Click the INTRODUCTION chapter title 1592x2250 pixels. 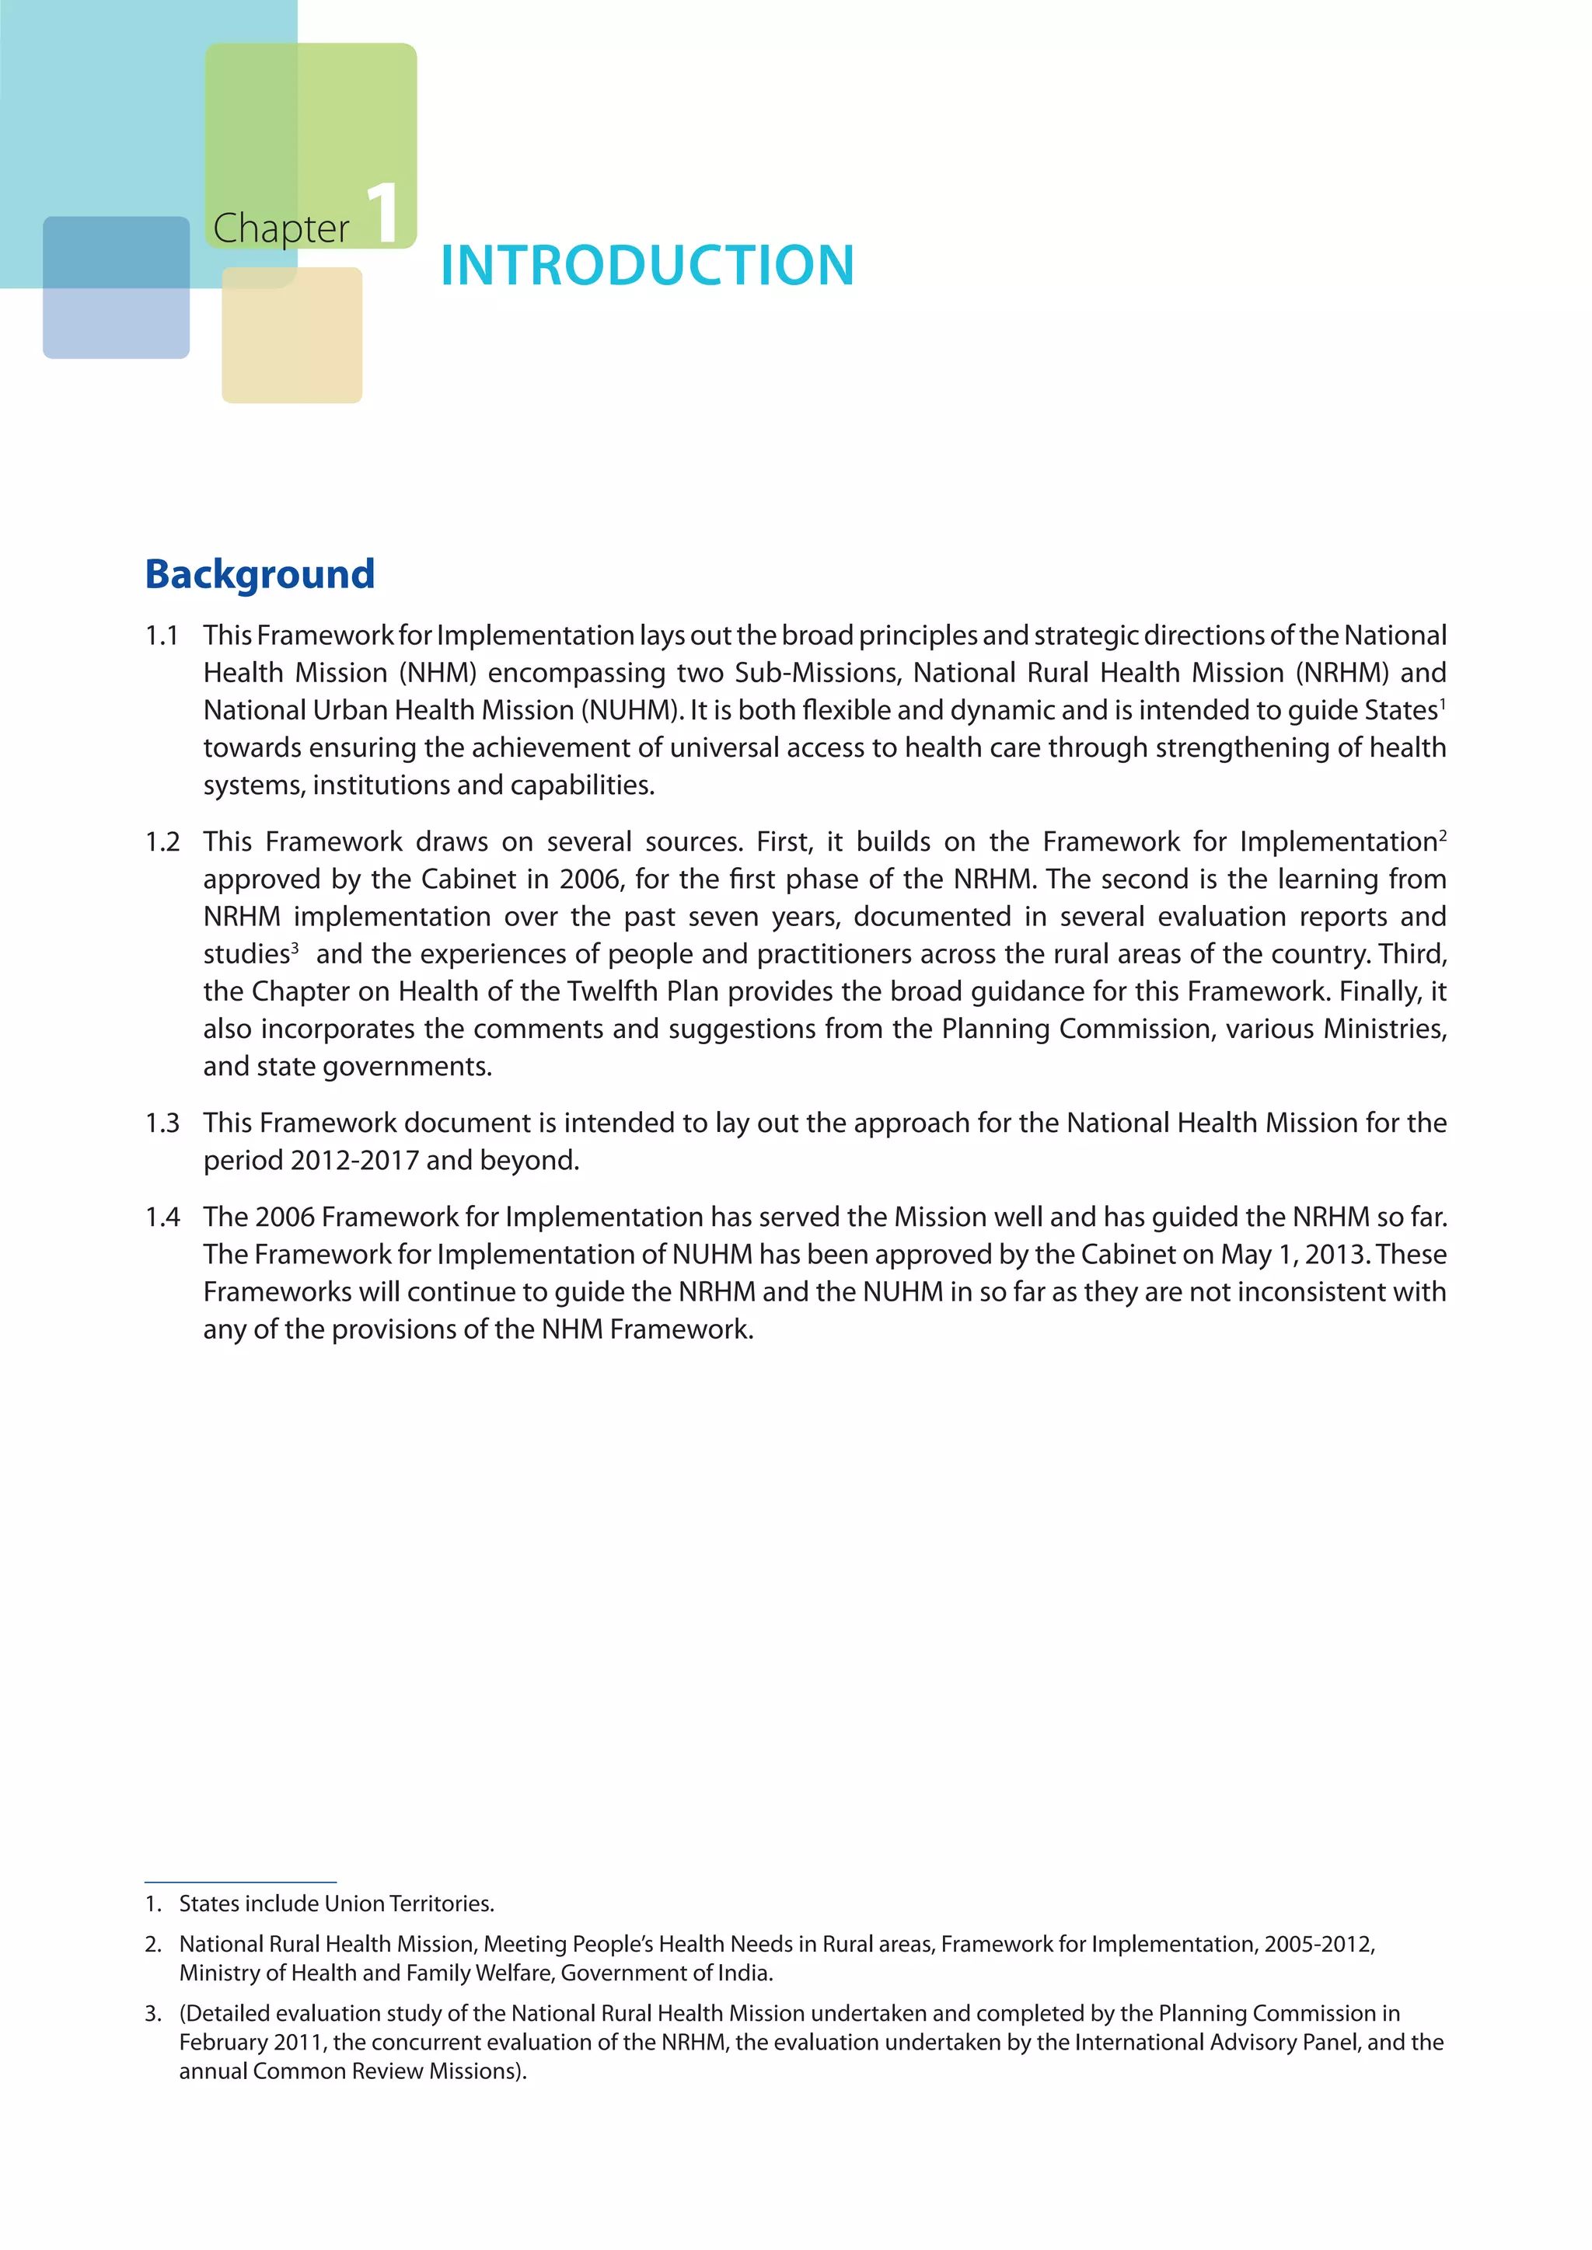pos(647,266)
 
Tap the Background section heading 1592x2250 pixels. pos(260,574)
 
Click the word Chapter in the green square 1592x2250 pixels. pos(281,228)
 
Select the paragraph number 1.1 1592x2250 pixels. pos(162,636)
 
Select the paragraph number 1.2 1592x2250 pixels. pos(162,841)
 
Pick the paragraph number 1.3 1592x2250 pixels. pos(162,1123)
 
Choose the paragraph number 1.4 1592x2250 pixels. pos(162,1217)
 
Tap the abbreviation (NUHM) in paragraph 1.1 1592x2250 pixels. pos(632,710)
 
